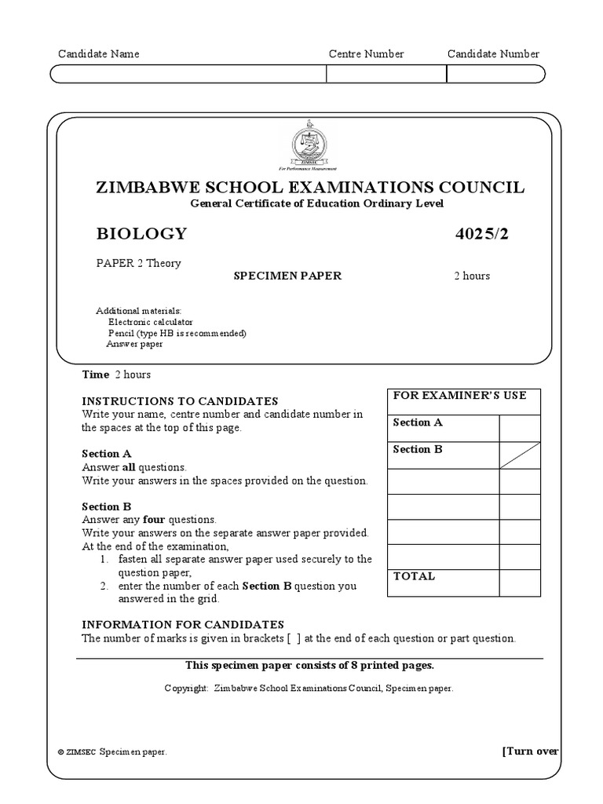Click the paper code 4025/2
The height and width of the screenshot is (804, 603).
click(487, 233)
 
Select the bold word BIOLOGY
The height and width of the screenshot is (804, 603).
click(141, 233)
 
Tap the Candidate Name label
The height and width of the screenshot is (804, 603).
click(99, 54)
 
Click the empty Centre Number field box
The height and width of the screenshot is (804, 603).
click(386, 74)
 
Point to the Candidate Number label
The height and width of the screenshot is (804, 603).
click(493, 54)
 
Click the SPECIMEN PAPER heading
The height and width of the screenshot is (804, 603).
click(287, 276)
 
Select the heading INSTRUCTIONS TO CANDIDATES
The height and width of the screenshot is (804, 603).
click(180, 401)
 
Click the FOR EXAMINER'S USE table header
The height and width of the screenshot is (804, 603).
click(460, 395)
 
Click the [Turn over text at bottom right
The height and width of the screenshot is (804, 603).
click(530, 751)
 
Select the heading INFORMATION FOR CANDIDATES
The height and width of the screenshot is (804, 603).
click(183, 624)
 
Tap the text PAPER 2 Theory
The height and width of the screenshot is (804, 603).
click(138, 263)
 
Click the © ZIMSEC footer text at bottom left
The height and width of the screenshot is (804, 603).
click(111, 751)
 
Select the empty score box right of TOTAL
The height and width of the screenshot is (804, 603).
click(520, 583)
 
